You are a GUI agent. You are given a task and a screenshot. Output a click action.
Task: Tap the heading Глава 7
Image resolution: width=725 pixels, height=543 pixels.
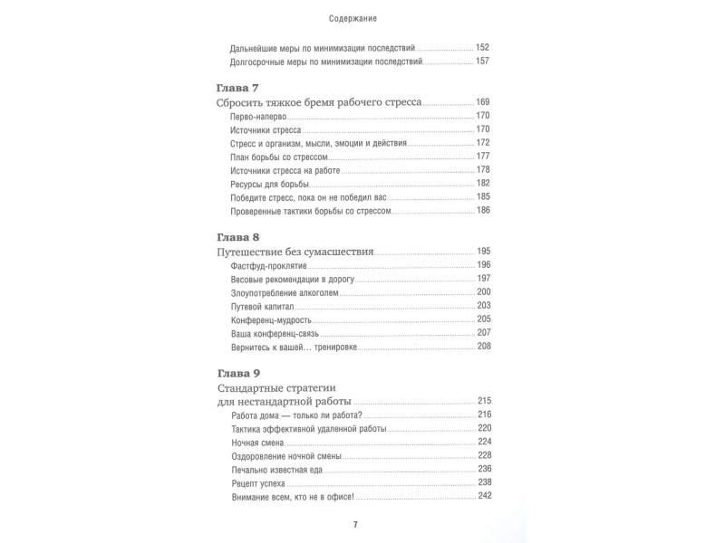[x=238, y=88]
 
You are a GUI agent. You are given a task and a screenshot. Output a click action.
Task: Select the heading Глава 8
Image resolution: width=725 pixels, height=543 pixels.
[x=238, y=233]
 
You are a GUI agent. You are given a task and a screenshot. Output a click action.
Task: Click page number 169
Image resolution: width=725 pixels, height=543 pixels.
[x=483, y=102]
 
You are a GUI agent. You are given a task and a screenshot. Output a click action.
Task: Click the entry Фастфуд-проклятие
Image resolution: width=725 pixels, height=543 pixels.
[x=264, y=265]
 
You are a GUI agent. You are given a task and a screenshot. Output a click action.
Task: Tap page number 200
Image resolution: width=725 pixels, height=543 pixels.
[x=483, y=293]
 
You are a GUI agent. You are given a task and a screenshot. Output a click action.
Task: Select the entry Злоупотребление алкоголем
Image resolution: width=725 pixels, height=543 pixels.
[x=284, y=293]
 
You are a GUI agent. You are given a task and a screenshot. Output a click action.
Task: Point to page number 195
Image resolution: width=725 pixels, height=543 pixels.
[x=483, y=250]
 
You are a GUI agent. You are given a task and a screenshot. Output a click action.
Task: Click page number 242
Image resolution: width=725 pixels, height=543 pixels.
[x=483, y=497]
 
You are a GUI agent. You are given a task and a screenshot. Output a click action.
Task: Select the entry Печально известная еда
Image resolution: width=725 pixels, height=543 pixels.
[x=277, y=471]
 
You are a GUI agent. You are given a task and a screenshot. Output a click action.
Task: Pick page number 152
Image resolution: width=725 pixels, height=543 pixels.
[x=483, y=47]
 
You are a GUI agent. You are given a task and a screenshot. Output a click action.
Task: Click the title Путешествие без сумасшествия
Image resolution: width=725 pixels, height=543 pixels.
[x=296, y=250]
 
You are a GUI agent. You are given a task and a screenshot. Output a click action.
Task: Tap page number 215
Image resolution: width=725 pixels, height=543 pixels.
[x=483, y=401]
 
